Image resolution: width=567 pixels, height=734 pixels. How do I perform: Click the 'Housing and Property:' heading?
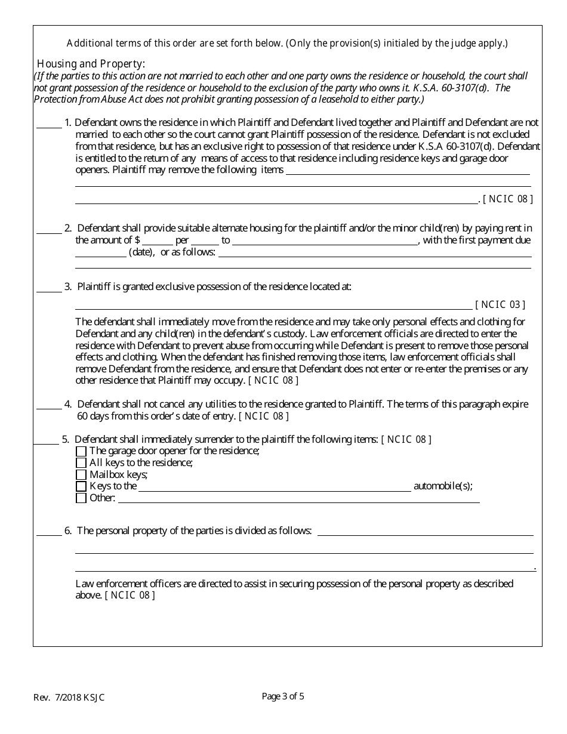coord(91,64)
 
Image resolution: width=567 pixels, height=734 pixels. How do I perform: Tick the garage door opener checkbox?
coord(81,451)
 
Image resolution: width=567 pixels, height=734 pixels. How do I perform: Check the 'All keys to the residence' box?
coord(81,463)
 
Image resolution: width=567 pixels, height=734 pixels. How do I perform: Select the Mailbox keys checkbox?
coord(81,475)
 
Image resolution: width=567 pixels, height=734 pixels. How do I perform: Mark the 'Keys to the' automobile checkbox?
coord(81,486)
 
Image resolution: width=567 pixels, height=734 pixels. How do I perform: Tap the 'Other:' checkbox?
coord(81,498)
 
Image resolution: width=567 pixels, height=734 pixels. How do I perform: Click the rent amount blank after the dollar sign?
coord(157,242)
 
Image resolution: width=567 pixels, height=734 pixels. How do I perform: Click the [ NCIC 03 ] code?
coord(500,305)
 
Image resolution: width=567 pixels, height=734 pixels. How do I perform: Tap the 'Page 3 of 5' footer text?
coord(283,696)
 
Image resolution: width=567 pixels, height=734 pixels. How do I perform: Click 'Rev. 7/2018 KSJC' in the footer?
coord(69,698)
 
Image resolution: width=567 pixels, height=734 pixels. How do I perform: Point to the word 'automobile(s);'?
coord(443,486)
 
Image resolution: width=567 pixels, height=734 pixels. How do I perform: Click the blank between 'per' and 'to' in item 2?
coord(205,242)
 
